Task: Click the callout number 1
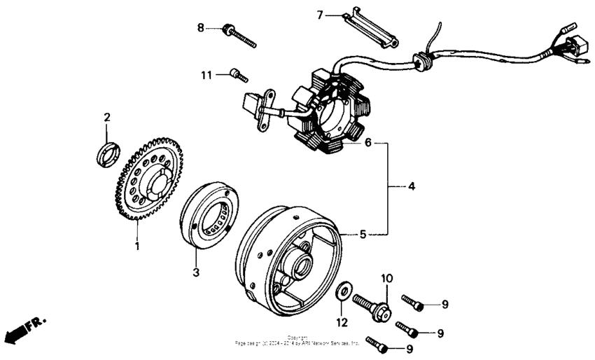(x=138, y=246)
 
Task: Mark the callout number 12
(x=341, y=323)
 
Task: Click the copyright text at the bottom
(x=297, y=342)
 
